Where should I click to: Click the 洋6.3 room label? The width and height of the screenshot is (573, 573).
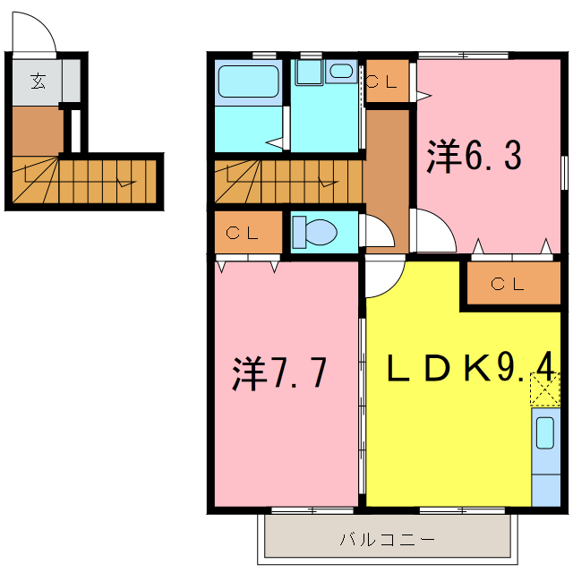click(474, 158)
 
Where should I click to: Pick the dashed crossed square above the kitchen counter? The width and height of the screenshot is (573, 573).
click(544, 388)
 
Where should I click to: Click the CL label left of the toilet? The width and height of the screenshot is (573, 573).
click(243, 234)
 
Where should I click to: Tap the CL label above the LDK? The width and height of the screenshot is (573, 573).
click(508, 285)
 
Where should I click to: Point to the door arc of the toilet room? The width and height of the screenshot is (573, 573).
click(378, 231)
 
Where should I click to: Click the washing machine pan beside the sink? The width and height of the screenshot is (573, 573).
click(309, 72)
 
